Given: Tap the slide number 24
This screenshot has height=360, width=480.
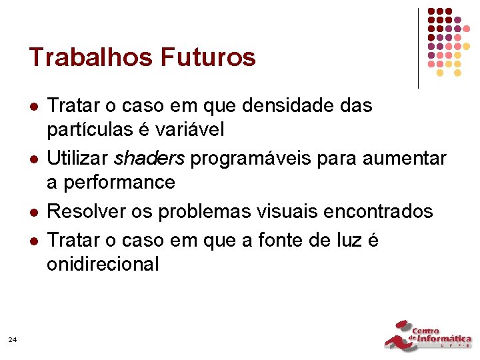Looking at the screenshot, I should (13, 340).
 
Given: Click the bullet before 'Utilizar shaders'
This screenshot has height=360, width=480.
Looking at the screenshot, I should (33, 159).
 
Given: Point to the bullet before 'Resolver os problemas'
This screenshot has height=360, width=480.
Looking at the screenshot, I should (33, 212).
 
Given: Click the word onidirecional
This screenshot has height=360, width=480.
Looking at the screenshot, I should (103, 265).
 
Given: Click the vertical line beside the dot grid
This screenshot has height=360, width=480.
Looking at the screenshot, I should (418, 48).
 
